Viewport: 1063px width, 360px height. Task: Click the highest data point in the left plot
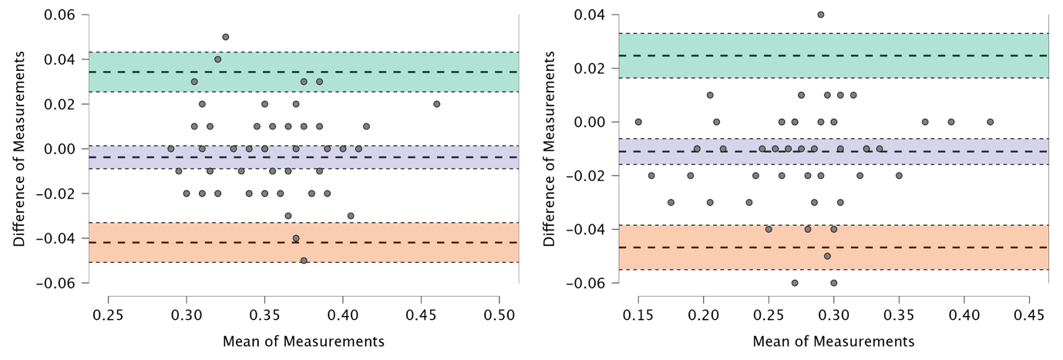pos(225,37)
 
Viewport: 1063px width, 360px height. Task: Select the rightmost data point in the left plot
pos(436,104)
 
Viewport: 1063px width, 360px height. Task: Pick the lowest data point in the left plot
pos(304,261)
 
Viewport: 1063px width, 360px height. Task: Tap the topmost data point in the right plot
pos(821,15)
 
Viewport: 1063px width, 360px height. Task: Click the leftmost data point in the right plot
pos(638,122)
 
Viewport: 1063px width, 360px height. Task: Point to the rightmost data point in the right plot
pos(991,122)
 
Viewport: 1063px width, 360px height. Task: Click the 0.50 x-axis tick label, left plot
pos(499,316)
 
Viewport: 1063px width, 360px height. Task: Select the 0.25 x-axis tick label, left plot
pos(108,316)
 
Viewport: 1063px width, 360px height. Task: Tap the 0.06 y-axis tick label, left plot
pos(60,15)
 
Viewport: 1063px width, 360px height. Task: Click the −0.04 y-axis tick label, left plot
pos(56,239)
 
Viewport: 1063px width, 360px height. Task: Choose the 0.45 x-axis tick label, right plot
pos(1029,316)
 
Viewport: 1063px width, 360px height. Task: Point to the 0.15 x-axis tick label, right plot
pos(638,316)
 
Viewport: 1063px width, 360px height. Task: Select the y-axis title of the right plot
pos(549,149)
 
